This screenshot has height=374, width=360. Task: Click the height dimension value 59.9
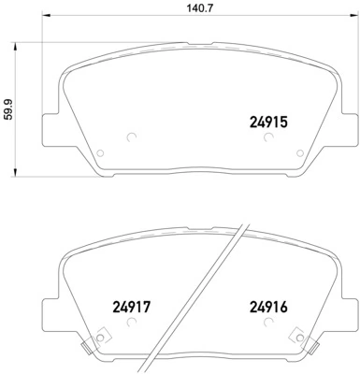pos(8,110)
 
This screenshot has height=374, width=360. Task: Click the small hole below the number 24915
pos(269,137)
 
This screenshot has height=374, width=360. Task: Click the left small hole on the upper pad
pos(130,137)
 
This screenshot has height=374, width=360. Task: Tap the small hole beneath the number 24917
pos(131,321)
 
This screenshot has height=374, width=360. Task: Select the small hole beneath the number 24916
pos(269,321)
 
